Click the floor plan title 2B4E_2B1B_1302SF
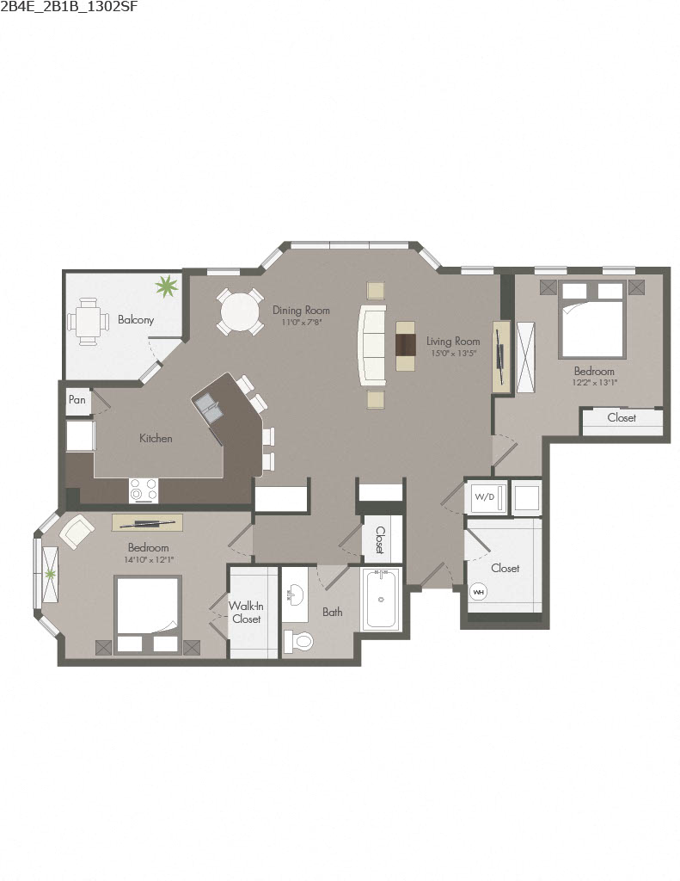[70, 8]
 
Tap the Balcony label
[136, 320]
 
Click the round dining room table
[239, 311]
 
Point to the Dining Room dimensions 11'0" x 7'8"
[301, 323]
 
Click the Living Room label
[453, 342]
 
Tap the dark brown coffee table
[406, 344]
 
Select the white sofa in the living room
[373, 344]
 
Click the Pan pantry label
[77, 400]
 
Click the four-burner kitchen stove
[144, 490]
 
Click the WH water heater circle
[478, 592]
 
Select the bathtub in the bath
[380, 599]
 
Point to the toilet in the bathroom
[297, 642]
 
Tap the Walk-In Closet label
[246, 612]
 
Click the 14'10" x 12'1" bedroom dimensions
[148, 559]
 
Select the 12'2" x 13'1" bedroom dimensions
[594, 383]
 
